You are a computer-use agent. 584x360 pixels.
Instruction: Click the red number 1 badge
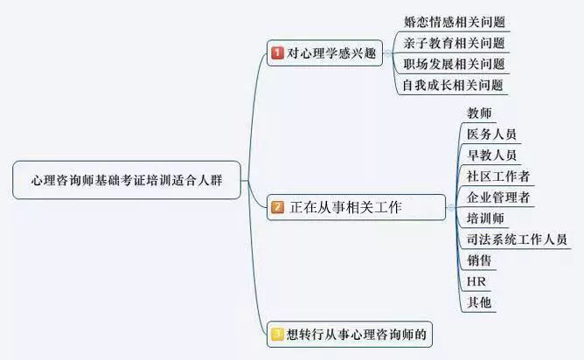point(277,53)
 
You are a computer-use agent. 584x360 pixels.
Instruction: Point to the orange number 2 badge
point(277,208)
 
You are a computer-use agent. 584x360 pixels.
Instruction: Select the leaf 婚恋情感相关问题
point(455,22)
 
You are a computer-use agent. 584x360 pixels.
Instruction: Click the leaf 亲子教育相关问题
point(455,43)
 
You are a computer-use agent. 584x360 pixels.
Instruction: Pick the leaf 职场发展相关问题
point(455,64)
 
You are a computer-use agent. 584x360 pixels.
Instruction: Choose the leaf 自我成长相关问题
point(455,85)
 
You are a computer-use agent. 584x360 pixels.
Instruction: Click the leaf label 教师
point(479,114)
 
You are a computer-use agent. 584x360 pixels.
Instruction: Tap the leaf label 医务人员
point(491,135)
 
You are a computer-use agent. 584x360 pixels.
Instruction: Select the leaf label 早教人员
point(491,156)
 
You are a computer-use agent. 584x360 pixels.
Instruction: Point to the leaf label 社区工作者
point(497,177)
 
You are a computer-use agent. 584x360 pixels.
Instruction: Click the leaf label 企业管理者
point(497,197)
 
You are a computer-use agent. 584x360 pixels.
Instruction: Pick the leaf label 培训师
point(485,218)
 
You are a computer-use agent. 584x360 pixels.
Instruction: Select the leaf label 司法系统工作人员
point(517,239)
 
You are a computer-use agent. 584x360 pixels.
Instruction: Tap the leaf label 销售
point(479,260)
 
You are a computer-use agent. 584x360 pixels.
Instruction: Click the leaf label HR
point(476,281)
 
